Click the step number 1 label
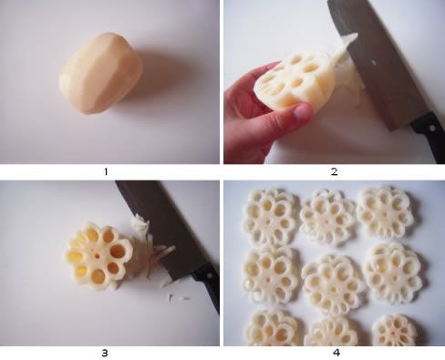click(x=106, y=171)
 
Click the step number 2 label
click(x=334, y=172)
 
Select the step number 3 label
click(x=105, y=353)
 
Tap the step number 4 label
click(x=336, y=353)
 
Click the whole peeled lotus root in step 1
click(x=100, y=73)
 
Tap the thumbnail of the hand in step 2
click(x=302, y=112)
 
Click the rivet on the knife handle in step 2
click(x=431, y=128)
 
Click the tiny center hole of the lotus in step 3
click(x=98, y=256)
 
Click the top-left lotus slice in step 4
click(x=269, y=218)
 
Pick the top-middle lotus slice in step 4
click(x=327, y=218)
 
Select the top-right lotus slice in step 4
click(x=386, y=211)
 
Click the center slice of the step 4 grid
click(x=333, y=284)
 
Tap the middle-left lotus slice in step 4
click(x=271, y=276)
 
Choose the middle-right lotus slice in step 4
click(x=393, y=273)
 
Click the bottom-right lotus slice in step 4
click(x=395, y=331)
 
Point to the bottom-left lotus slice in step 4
click(x=274, y=328)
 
